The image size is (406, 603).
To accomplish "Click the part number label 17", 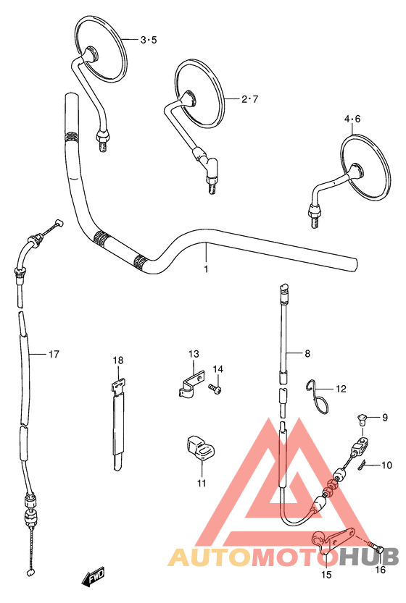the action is point(54,354).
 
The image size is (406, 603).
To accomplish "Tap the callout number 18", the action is point(118,360).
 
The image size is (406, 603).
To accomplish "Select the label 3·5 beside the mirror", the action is point(149,40).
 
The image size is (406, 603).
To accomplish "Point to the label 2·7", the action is point(249,99).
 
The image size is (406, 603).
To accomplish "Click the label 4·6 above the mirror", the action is point(352,119).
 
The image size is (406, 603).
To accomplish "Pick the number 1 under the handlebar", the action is point(206,269).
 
